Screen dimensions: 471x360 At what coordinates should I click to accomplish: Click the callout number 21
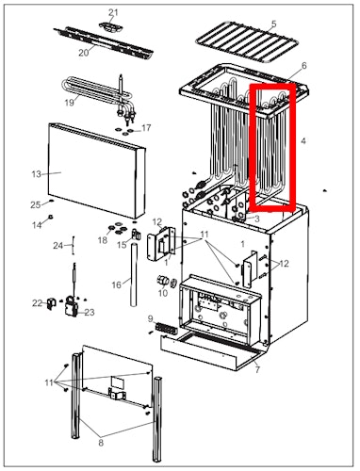[x=113, y=12]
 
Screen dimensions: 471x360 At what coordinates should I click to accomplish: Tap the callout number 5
[x=274, y=24]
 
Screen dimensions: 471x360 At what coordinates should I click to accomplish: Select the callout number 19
[x=70, y=102]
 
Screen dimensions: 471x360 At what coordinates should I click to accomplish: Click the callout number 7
[x=257, y=370]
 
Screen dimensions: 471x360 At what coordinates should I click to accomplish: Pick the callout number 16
[x=116, y=284]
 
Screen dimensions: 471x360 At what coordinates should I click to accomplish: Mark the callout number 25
[x=35, y=204]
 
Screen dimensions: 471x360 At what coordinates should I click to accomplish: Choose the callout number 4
[x=303, y=141]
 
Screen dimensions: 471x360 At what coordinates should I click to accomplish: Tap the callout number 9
[x=151, y=321]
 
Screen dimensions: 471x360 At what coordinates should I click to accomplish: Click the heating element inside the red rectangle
[x=271, y=146]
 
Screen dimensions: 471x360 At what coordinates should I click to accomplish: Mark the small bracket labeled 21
[x=115, y=27]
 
